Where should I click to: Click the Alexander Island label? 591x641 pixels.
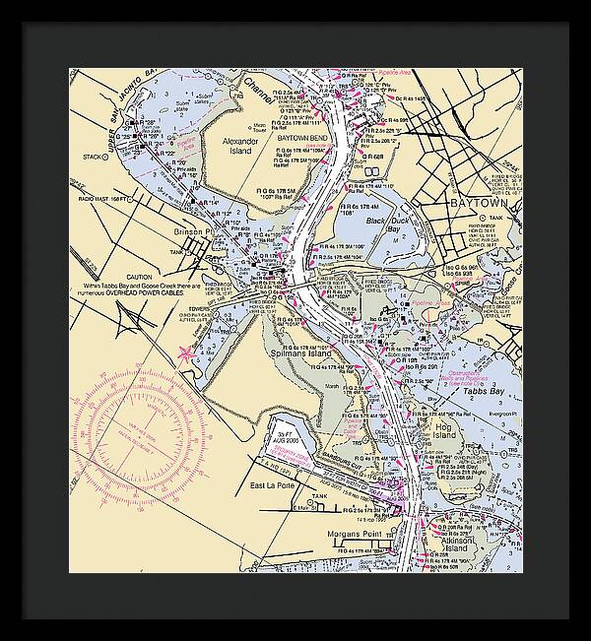(240, 148)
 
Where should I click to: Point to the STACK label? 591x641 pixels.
(94, 157)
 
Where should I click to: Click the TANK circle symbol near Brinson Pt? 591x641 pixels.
(191, 251)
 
